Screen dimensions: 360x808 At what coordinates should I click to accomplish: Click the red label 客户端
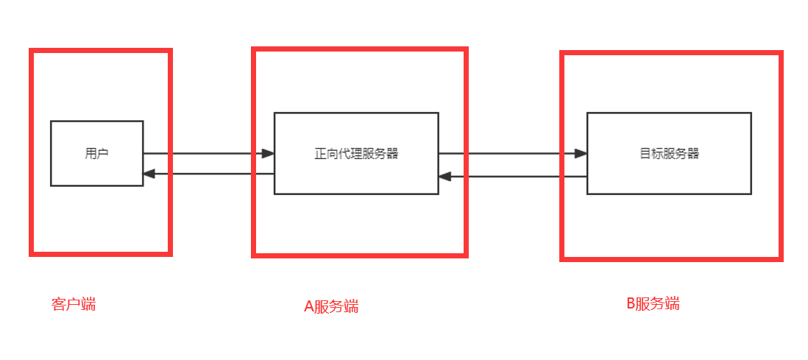pos(74,304)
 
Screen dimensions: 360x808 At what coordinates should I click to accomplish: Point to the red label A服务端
pos(331,306)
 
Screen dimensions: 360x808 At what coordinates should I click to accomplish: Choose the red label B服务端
pos(653,303)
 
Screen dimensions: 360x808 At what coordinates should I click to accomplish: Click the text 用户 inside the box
pos(96,154)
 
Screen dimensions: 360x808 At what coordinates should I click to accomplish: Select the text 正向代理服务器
pos(356,154)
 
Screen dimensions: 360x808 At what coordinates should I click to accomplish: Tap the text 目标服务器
pos(669,154)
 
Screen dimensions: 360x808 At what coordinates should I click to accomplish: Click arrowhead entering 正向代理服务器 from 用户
pos(269,154)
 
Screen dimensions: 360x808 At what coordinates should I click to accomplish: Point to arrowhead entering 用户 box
pos(149,174)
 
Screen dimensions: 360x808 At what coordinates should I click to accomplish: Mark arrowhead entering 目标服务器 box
pos(581,154)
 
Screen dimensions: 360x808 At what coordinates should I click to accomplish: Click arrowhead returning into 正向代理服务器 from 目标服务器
pos(444,177)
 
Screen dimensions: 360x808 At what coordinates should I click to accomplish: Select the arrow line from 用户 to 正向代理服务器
pos(206,154)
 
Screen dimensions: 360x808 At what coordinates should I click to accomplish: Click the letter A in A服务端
pos(309,307)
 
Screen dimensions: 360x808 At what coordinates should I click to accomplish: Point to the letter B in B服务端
pos(631,303)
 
